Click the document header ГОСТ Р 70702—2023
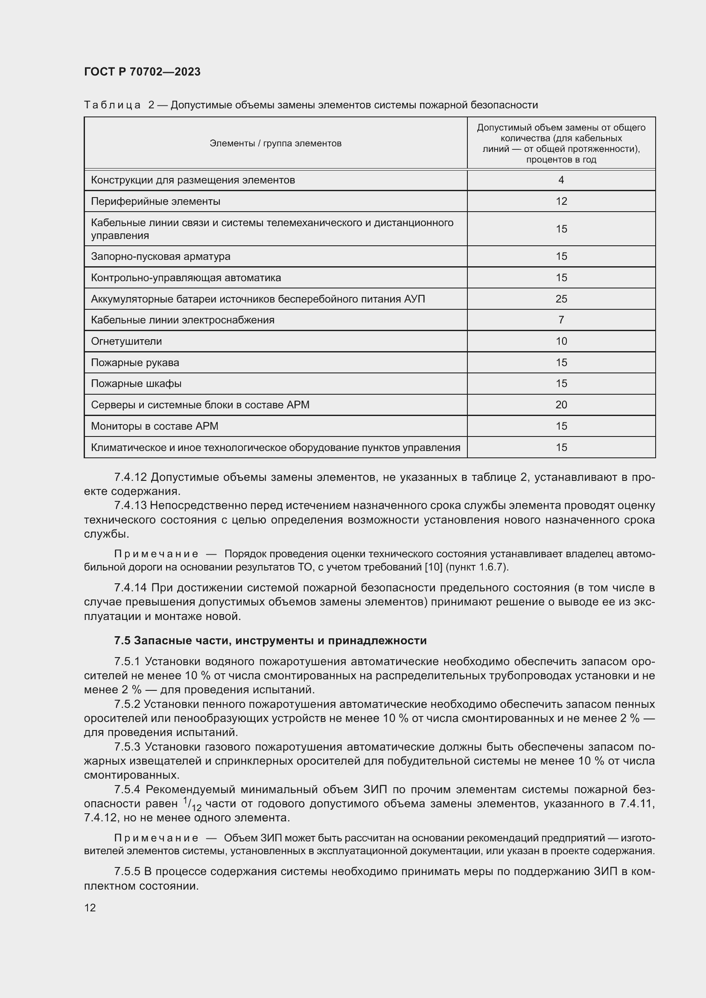[x=142, y=72]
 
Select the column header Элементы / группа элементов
[x=275, y=143]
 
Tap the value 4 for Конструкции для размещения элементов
[x=561, y=180]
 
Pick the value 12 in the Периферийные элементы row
[x=561, y=201]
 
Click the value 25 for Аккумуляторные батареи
[x=561, y=299]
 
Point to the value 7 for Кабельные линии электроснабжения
[x=561, y=320]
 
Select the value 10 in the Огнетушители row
[x=561, y=341]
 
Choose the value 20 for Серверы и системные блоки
[x=561, y=404]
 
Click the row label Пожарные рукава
[x=135, y=363]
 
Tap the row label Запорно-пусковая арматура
[x=160, y=256]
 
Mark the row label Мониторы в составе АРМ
[x=155, y=426]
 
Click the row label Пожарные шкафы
[x=136, y=384]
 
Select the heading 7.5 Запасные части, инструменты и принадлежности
[x=270, y=641]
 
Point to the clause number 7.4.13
[x=131, y=506]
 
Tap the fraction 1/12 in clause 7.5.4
[x=192, y=804]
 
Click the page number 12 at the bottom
[x=90, y=908]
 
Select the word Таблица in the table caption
[x=112, y=105]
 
